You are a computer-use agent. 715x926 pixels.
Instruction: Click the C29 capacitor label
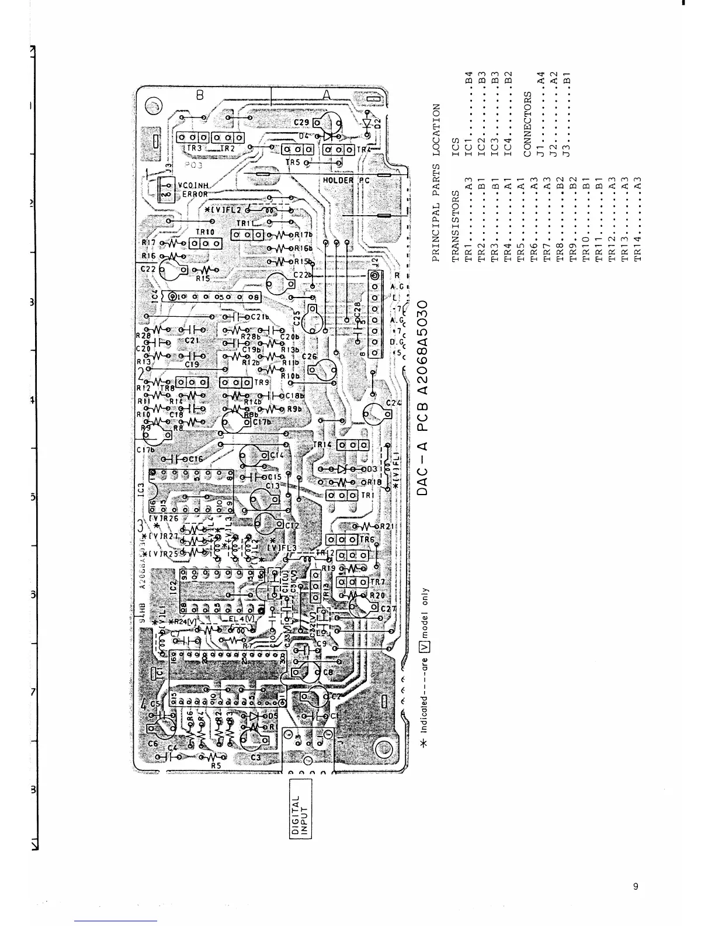301,123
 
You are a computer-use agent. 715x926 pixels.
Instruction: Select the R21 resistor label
388,526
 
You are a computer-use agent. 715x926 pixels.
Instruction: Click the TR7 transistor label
378,582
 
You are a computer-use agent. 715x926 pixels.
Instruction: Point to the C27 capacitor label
388,609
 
